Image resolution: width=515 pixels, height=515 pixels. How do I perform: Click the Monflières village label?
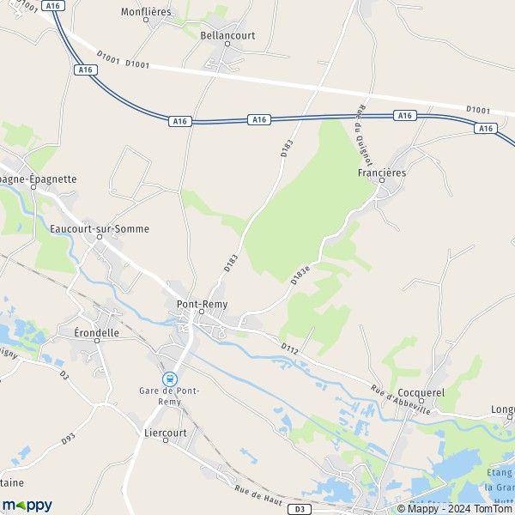[146, 13]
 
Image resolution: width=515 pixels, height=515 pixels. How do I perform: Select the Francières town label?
[381, 173]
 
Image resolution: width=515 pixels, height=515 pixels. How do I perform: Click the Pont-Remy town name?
[201, 304]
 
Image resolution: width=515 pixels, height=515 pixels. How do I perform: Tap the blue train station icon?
[171, 378]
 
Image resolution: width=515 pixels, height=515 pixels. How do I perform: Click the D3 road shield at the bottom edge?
[298, 509]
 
